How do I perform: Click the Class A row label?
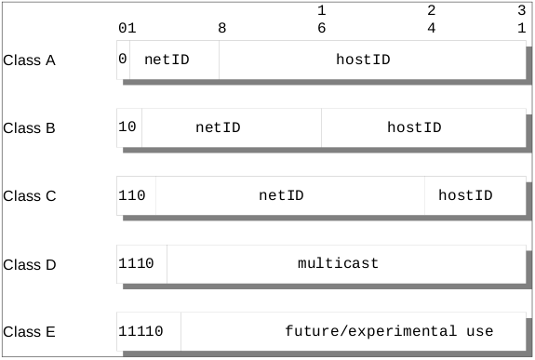(30, 61)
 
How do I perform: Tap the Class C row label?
(30, 197)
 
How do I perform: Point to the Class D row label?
(30, 265)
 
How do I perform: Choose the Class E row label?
(30, 332)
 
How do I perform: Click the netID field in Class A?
(167, 59)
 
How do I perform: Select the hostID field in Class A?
(363, 59)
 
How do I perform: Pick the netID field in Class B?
(218, 127)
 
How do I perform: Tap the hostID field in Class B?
(414, 127)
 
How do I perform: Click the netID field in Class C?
(281, 195)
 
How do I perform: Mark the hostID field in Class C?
(465, 195)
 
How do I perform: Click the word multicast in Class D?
(338, 263)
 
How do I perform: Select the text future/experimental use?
(389, 331)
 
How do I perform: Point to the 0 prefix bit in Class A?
(123, 59)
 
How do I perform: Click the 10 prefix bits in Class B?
(128, 127)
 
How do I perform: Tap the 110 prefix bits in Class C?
(133, 195)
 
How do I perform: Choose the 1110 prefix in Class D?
(137, 263)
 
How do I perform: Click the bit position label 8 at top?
(221, 28)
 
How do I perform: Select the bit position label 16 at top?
(321, 19)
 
